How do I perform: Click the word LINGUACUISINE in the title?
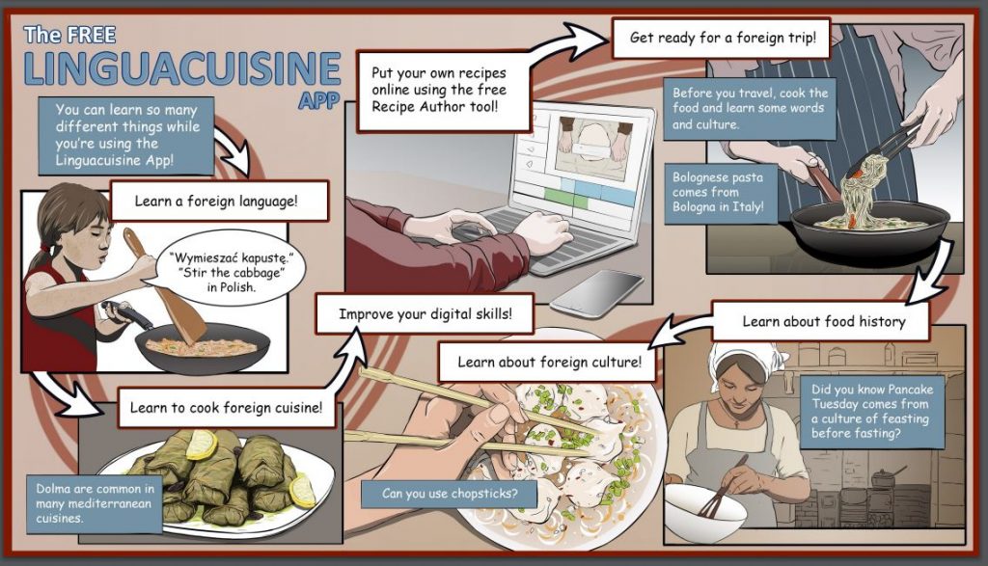(182, 68)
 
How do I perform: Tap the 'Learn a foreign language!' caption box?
(220, 202)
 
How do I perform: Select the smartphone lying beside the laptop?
(596, 293)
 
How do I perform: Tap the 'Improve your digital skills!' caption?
(425, 313)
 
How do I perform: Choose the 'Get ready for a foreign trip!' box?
(722, 38)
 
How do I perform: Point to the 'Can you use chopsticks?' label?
(450, 494)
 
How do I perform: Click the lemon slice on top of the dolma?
(202, 445)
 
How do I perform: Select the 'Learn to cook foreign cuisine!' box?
(226, 408)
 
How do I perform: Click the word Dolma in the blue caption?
(54, 489)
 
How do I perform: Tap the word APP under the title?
(318, 100)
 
